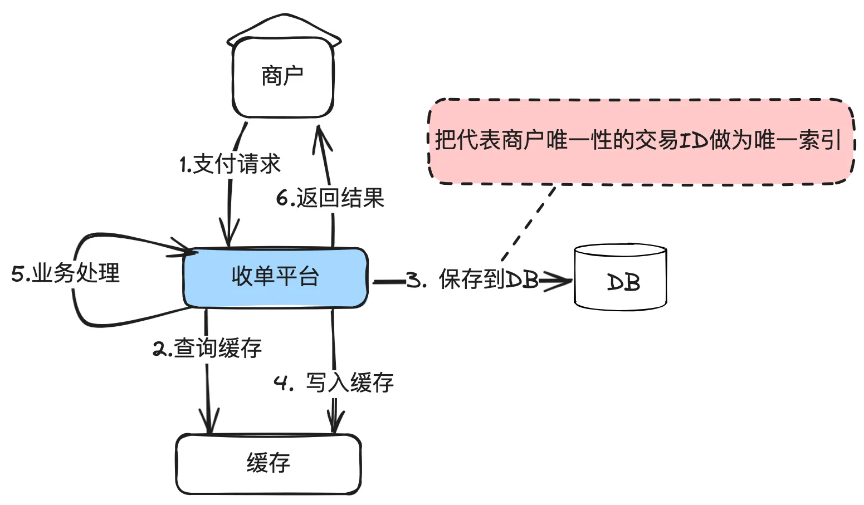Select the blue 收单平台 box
[x=275, y=277]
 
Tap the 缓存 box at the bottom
[x=269, y=463]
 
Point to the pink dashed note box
[x=641, y=141]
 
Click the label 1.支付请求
[x=230, y=164]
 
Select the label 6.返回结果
[x=330, y=198]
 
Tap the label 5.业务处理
[x=66, y=273]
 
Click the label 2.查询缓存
[x=207, y=349]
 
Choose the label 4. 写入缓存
[x=334, y=383]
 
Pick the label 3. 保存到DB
[x=472, y=280]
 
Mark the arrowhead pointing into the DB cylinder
[x=560, y=281]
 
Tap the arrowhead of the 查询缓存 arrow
[x=209, y=422]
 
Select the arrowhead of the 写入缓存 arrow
[x=335, y=421]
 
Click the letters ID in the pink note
[x=694, y=140]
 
